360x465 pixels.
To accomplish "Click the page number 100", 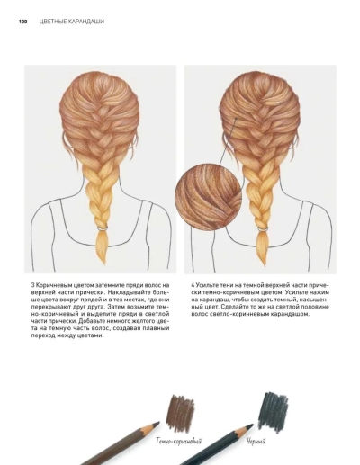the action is (x=22, y=22).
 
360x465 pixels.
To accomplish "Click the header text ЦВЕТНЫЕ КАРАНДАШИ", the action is (x=72, y=22).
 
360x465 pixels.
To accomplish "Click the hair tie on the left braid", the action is (x=103, y=228).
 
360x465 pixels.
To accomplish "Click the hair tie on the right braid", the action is (x=263, y=229).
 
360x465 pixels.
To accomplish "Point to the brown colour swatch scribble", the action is (x=180, y=413).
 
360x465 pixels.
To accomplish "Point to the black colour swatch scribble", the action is (x=273, y=412).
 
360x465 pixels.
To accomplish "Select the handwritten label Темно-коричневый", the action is (x=178, y=441).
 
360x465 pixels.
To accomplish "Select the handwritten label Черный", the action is (x=256, y=442).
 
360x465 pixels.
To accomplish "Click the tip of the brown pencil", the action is (x=158, y=423).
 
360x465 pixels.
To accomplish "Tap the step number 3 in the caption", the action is (x=32, y=285).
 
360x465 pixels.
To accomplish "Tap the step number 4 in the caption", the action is (x=193, y=285).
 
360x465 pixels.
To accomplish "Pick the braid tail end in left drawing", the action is (x=104, y=264).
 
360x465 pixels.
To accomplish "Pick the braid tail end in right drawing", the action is (x=265, y=265).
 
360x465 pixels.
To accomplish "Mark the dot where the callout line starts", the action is (x=236, y=119).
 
